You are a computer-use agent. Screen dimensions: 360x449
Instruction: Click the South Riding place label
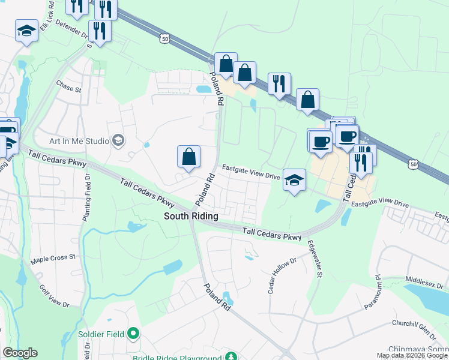191,216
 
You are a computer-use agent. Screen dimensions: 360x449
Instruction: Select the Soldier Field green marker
133,334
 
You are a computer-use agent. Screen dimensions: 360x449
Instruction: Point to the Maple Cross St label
53,257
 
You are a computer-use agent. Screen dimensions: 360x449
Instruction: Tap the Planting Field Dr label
86,193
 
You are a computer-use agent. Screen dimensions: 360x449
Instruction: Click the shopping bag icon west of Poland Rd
189,157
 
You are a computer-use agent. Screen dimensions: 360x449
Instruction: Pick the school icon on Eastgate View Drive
294,180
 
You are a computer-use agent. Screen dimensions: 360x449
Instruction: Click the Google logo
20,353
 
